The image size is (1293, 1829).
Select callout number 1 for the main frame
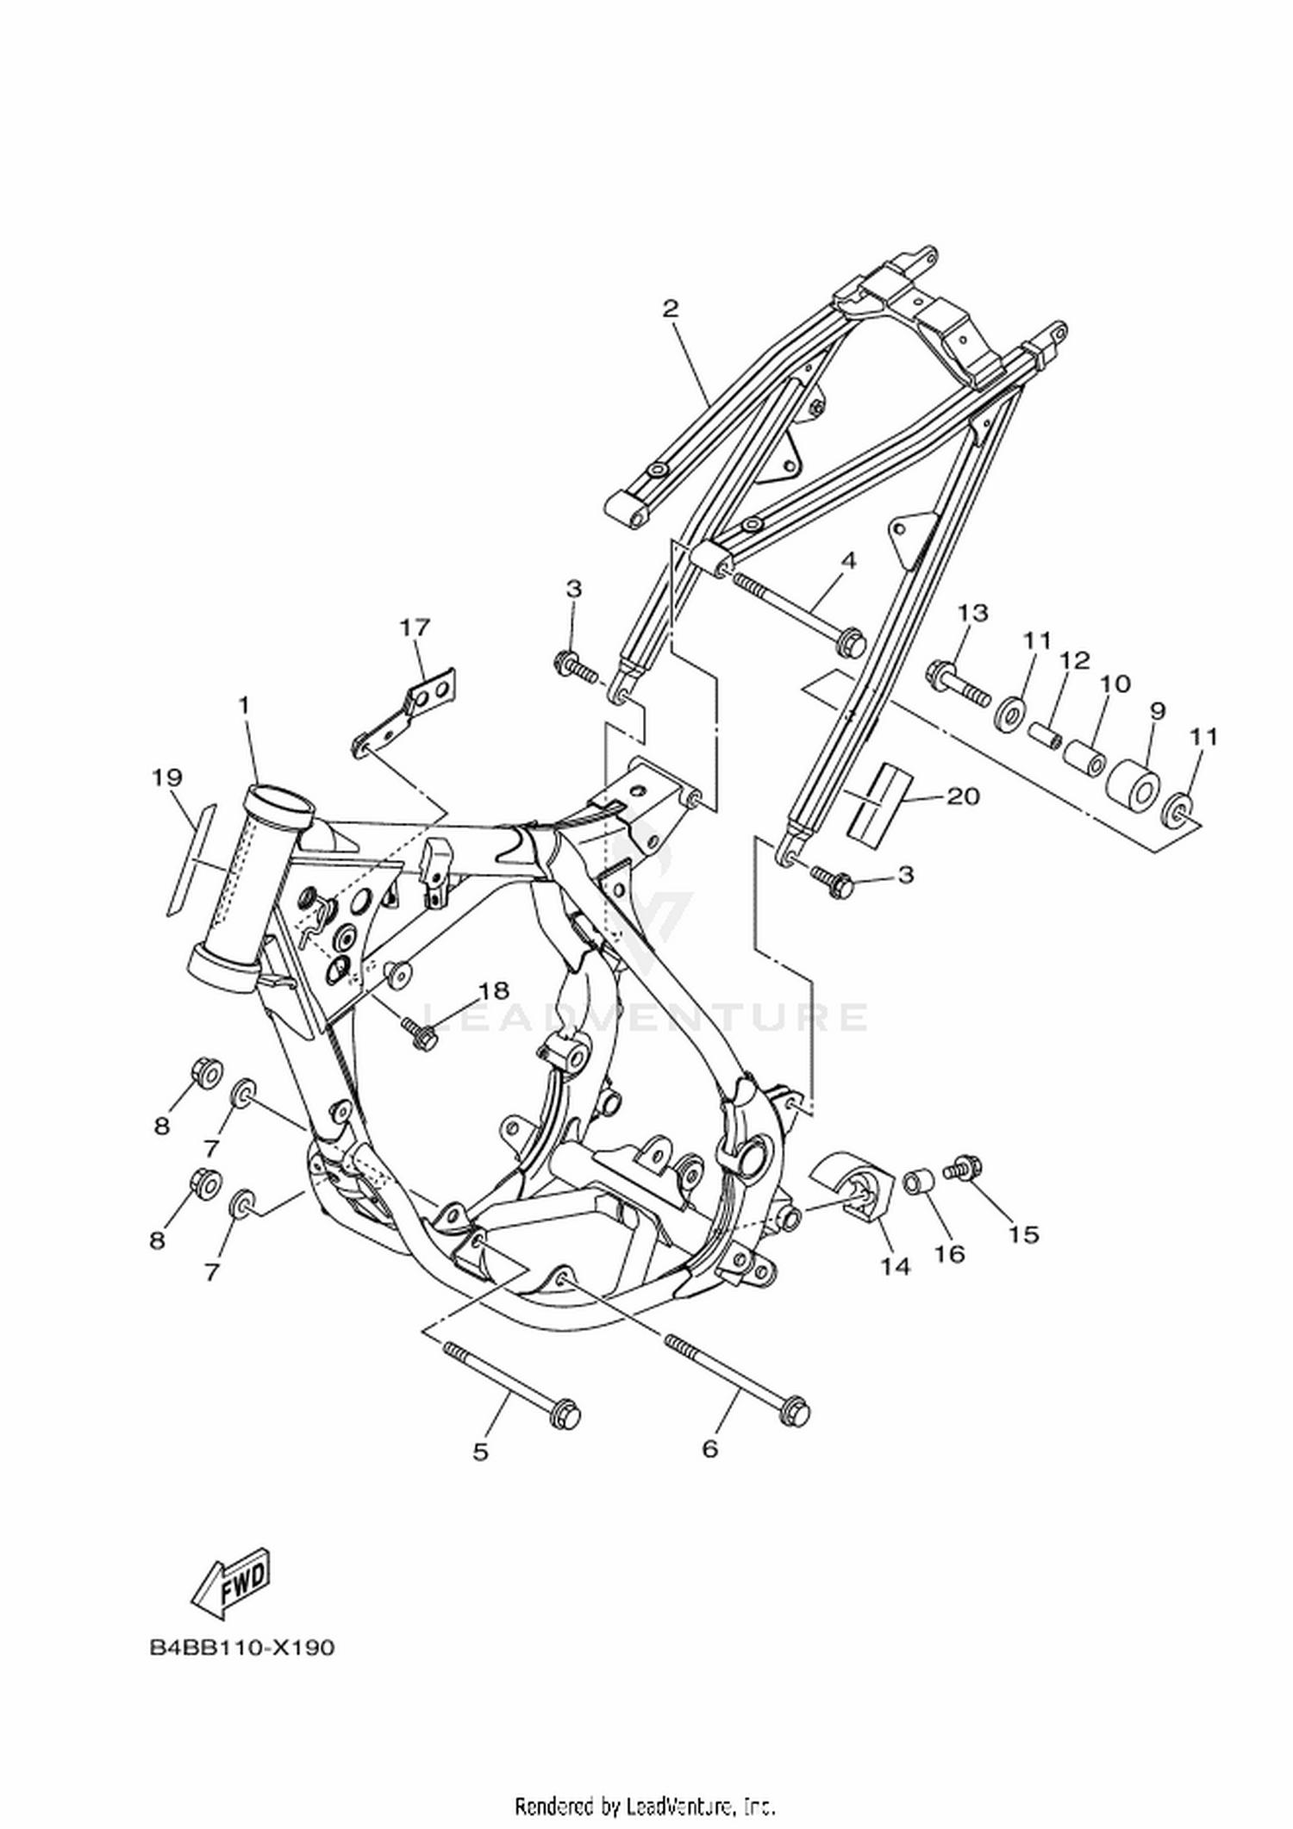pyautogui.click(x=244, y=705)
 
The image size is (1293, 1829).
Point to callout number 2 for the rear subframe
pyautogui.click(x=671, y=309)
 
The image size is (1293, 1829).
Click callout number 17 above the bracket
pyautogui.click(x=415, y=627)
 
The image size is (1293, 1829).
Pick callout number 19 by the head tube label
pyautogui.click(x=167, y=778)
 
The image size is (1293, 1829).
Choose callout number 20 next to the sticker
pyautogui.click(x=963, y=796)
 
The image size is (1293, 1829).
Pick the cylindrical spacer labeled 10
pyautogui.click(x=1084, y=756)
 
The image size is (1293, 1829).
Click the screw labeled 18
pyautogui.click(x=419, y=1033)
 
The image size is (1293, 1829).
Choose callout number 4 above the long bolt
pyautogui.click(x=848, y=561)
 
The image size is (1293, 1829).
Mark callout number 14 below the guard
pyautogui.click(x=896, y=1265)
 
